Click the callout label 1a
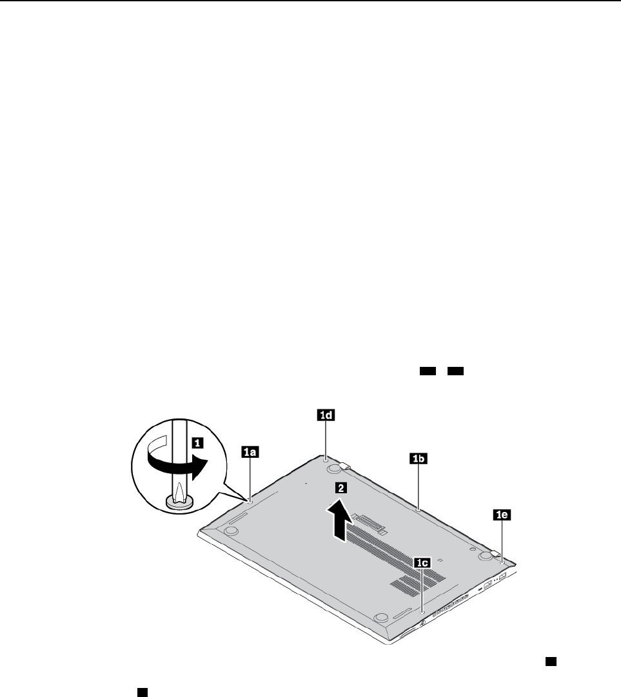250,453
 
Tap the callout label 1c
422,563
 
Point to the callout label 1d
326,416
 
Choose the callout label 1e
502,515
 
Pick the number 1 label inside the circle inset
199,442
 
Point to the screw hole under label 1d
326,459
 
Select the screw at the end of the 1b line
419,508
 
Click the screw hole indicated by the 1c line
422,610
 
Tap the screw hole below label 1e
502,562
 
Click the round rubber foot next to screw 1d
334,466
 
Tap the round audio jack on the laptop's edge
422,624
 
